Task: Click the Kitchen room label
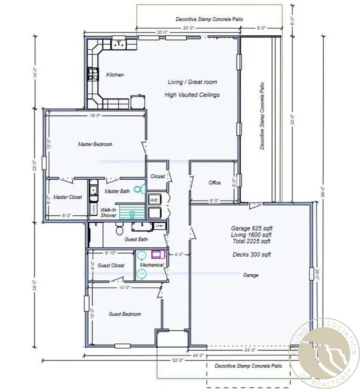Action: coord(115,75)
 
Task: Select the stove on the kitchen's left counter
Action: coord(92,74)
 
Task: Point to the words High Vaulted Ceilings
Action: coord(192,95)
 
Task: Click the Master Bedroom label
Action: coord(95,144)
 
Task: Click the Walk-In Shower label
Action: coord(108,212)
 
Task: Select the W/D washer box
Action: coord(154,199)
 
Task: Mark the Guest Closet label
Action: coord(111,266)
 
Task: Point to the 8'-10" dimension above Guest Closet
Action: coord(111,252)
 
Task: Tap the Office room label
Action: coord(214,183)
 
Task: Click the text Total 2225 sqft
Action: coord(252,241)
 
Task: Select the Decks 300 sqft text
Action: coord(252,255)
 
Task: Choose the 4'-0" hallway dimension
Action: coord(178,255)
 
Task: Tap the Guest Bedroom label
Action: coord(125,314)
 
